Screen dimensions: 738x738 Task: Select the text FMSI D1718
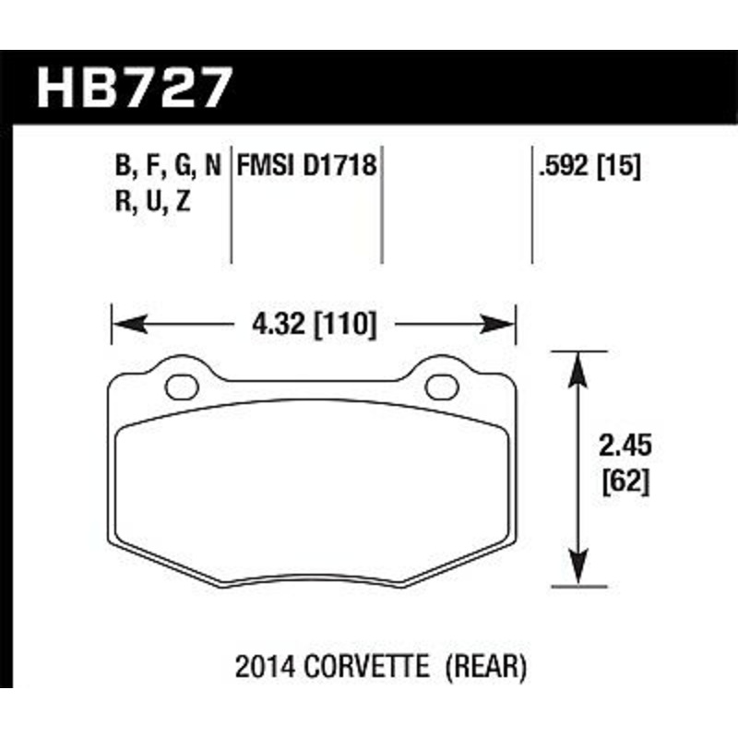(306, 167)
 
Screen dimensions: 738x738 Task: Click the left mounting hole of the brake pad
(181, 385)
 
